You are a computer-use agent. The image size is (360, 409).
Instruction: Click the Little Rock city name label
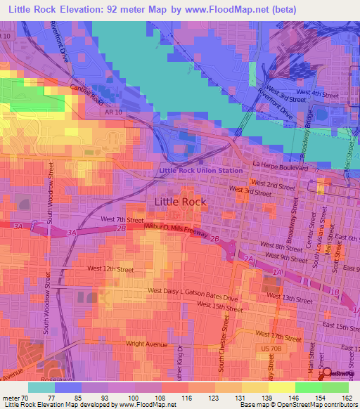(x=180, y=202)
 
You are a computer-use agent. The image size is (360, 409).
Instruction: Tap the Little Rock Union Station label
(x=201, y=171)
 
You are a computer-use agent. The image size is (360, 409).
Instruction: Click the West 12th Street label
(x=110, y=268)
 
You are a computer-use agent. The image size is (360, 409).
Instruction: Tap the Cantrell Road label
(x=86, y=93)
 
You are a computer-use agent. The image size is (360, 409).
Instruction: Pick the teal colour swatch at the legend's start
(x=41, y=387)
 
